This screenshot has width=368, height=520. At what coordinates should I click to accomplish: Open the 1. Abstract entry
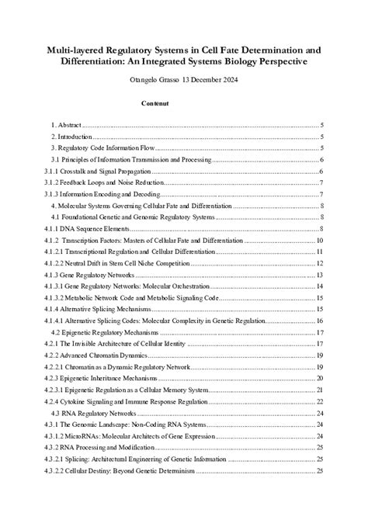click(66, 125)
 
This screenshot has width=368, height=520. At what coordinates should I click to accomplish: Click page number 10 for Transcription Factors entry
click(320, 241)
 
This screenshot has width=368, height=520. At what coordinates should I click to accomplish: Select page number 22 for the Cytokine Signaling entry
click(320, 401)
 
